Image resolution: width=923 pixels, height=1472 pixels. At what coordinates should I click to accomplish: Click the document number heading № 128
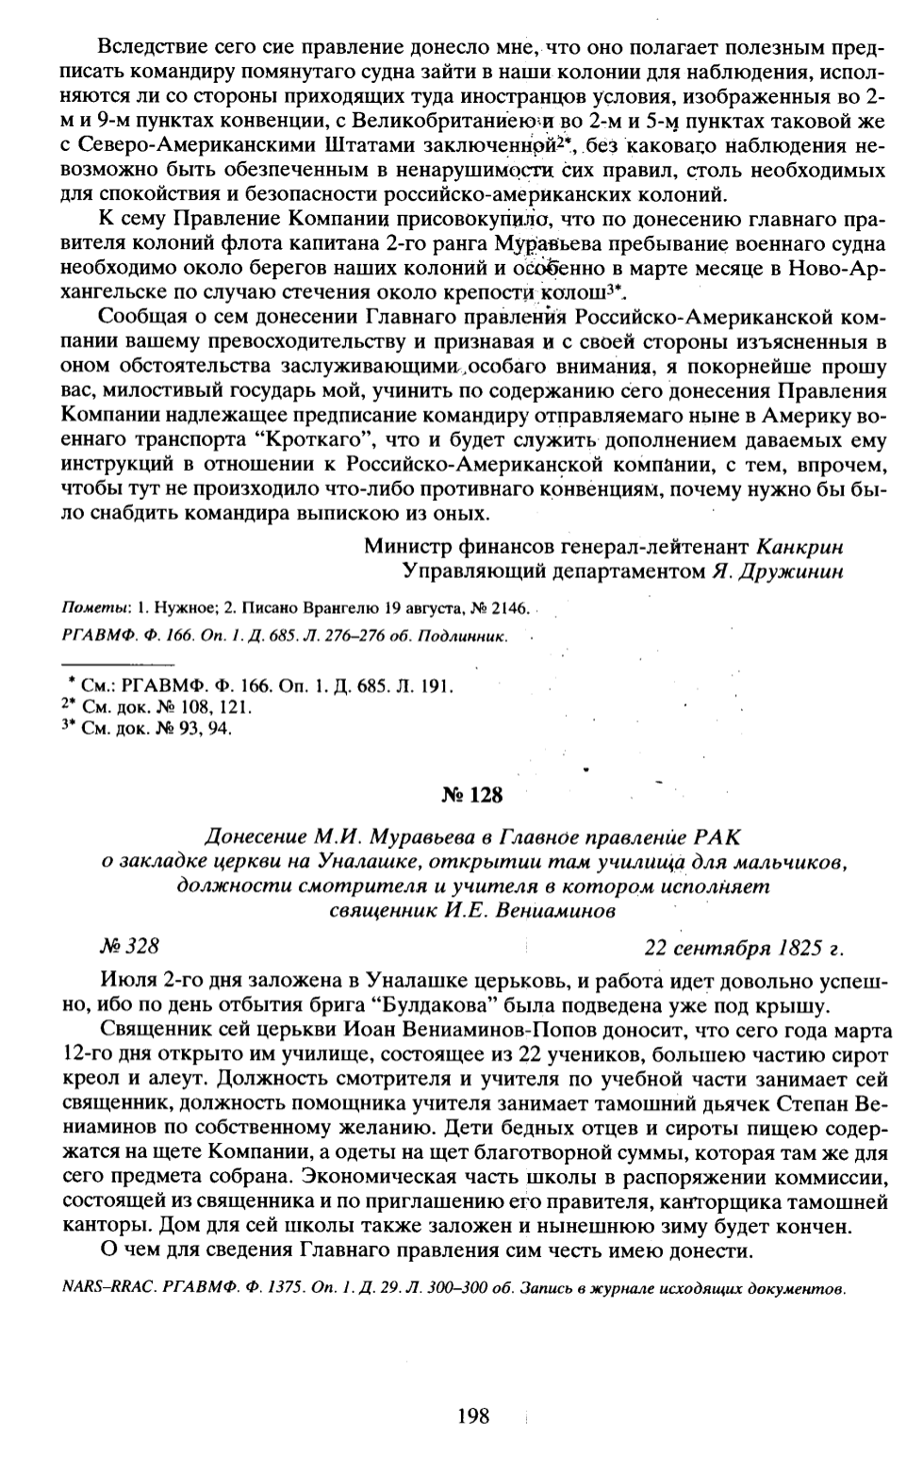[x=472, y=795]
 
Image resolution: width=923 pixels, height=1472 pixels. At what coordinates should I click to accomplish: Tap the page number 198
[x=472, y=1414]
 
